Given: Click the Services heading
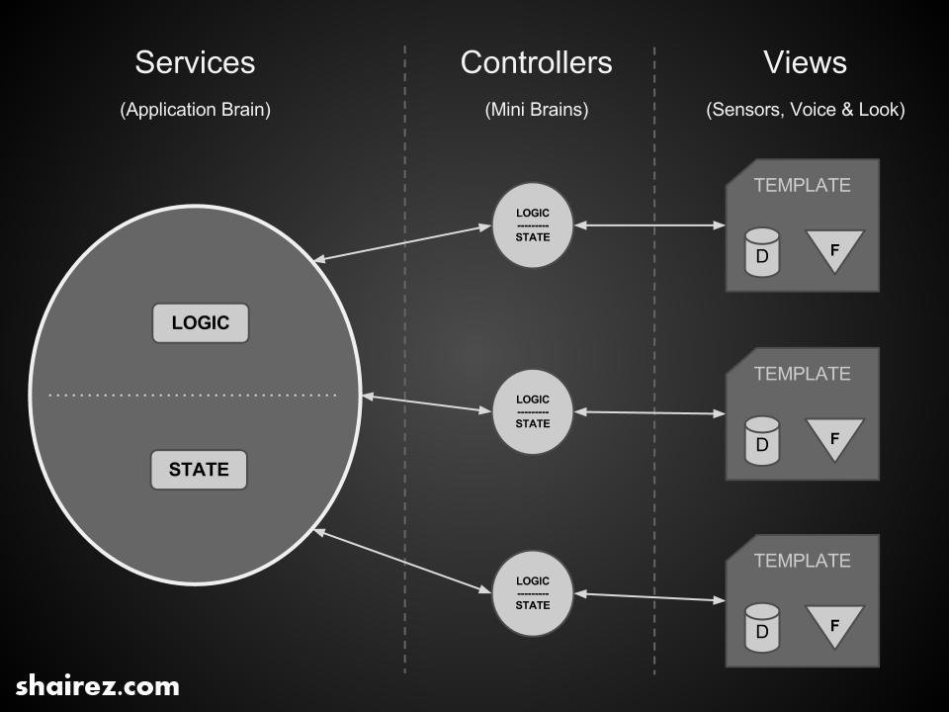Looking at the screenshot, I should (x=195, y=62).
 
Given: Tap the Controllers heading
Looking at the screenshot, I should (x=536, y=62).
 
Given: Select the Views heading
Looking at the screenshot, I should (x=805, y=62).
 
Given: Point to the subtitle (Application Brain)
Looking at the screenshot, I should (x=195, y=110).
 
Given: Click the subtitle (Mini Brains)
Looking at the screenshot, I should (x=536, y=110).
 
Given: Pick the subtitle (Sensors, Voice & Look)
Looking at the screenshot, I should (x=805, y=110).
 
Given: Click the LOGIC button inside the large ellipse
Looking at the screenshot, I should (x=200, y=323).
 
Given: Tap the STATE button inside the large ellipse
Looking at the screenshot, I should (x=199, y=470).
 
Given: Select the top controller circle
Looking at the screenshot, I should (x=533, y=225).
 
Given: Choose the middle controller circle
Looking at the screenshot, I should (x=533, y=411).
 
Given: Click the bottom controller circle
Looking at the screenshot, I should (x=533, y=592).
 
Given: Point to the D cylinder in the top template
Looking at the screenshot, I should (x=762, y=253).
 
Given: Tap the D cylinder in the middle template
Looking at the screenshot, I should (x=762, y=441).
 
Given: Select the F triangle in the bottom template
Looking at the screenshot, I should (x=834, y=626).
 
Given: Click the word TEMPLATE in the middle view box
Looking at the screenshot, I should (x=802, y=374).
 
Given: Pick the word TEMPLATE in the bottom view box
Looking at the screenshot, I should (x=802, y=561).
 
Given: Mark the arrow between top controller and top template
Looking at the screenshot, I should (x=649, y=225).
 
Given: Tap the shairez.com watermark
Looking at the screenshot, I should (x=98, y=685).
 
